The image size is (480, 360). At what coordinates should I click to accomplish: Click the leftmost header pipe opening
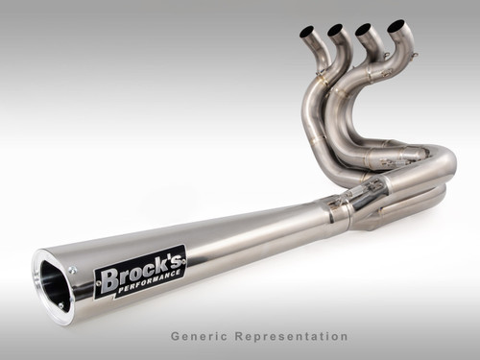coord(307,32)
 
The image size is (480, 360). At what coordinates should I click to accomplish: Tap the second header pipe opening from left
coord(335,30)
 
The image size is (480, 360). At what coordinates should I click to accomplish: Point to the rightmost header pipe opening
coord(396,24)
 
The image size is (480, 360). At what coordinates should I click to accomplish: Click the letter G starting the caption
coord(176,337)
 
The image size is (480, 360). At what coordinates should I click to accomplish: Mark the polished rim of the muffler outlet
coord(39,288)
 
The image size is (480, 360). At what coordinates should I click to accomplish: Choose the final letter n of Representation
coord(344,337)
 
